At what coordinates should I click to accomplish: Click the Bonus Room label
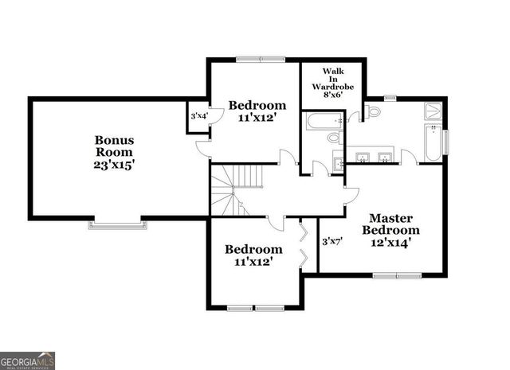click(x=116, y=146)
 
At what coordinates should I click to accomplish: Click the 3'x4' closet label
click(x=197, y=117)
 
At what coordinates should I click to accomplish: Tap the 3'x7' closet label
click(x=331, y=240)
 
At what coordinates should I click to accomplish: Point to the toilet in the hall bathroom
click(x=334, y=138)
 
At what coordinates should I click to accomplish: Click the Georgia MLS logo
click(x=28, y=360)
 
